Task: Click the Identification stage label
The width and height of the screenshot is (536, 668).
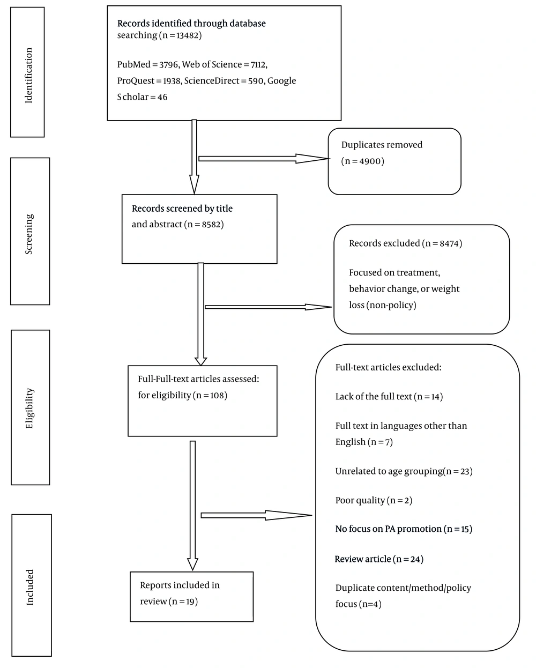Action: point(28,75)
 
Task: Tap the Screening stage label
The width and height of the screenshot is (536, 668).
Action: point(29,234)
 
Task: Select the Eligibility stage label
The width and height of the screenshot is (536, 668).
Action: point(29,408)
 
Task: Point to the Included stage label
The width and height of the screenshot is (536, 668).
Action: point(30,587)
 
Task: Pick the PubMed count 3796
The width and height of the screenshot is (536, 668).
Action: point(169,64)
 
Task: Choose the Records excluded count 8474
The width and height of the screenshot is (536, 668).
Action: point(449,243)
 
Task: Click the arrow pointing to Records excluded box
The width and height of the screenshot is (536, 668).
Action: point(268,307)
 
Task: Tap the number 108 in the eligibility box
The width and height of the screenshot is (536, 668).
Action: point(217,396)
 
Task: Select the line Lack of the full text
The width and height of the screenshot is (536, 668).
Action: point(389,397)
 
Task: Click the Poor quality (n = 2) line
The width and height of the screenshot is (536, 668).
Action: point(374,500)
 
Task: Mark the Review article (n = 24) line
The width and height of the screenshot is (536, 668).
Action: point(379,559)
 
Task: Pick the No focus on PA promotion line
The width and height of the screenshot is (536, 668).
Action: point(404,529)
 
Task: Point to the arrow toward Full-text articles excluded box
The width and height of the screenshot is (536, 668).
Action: point(256,515)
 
